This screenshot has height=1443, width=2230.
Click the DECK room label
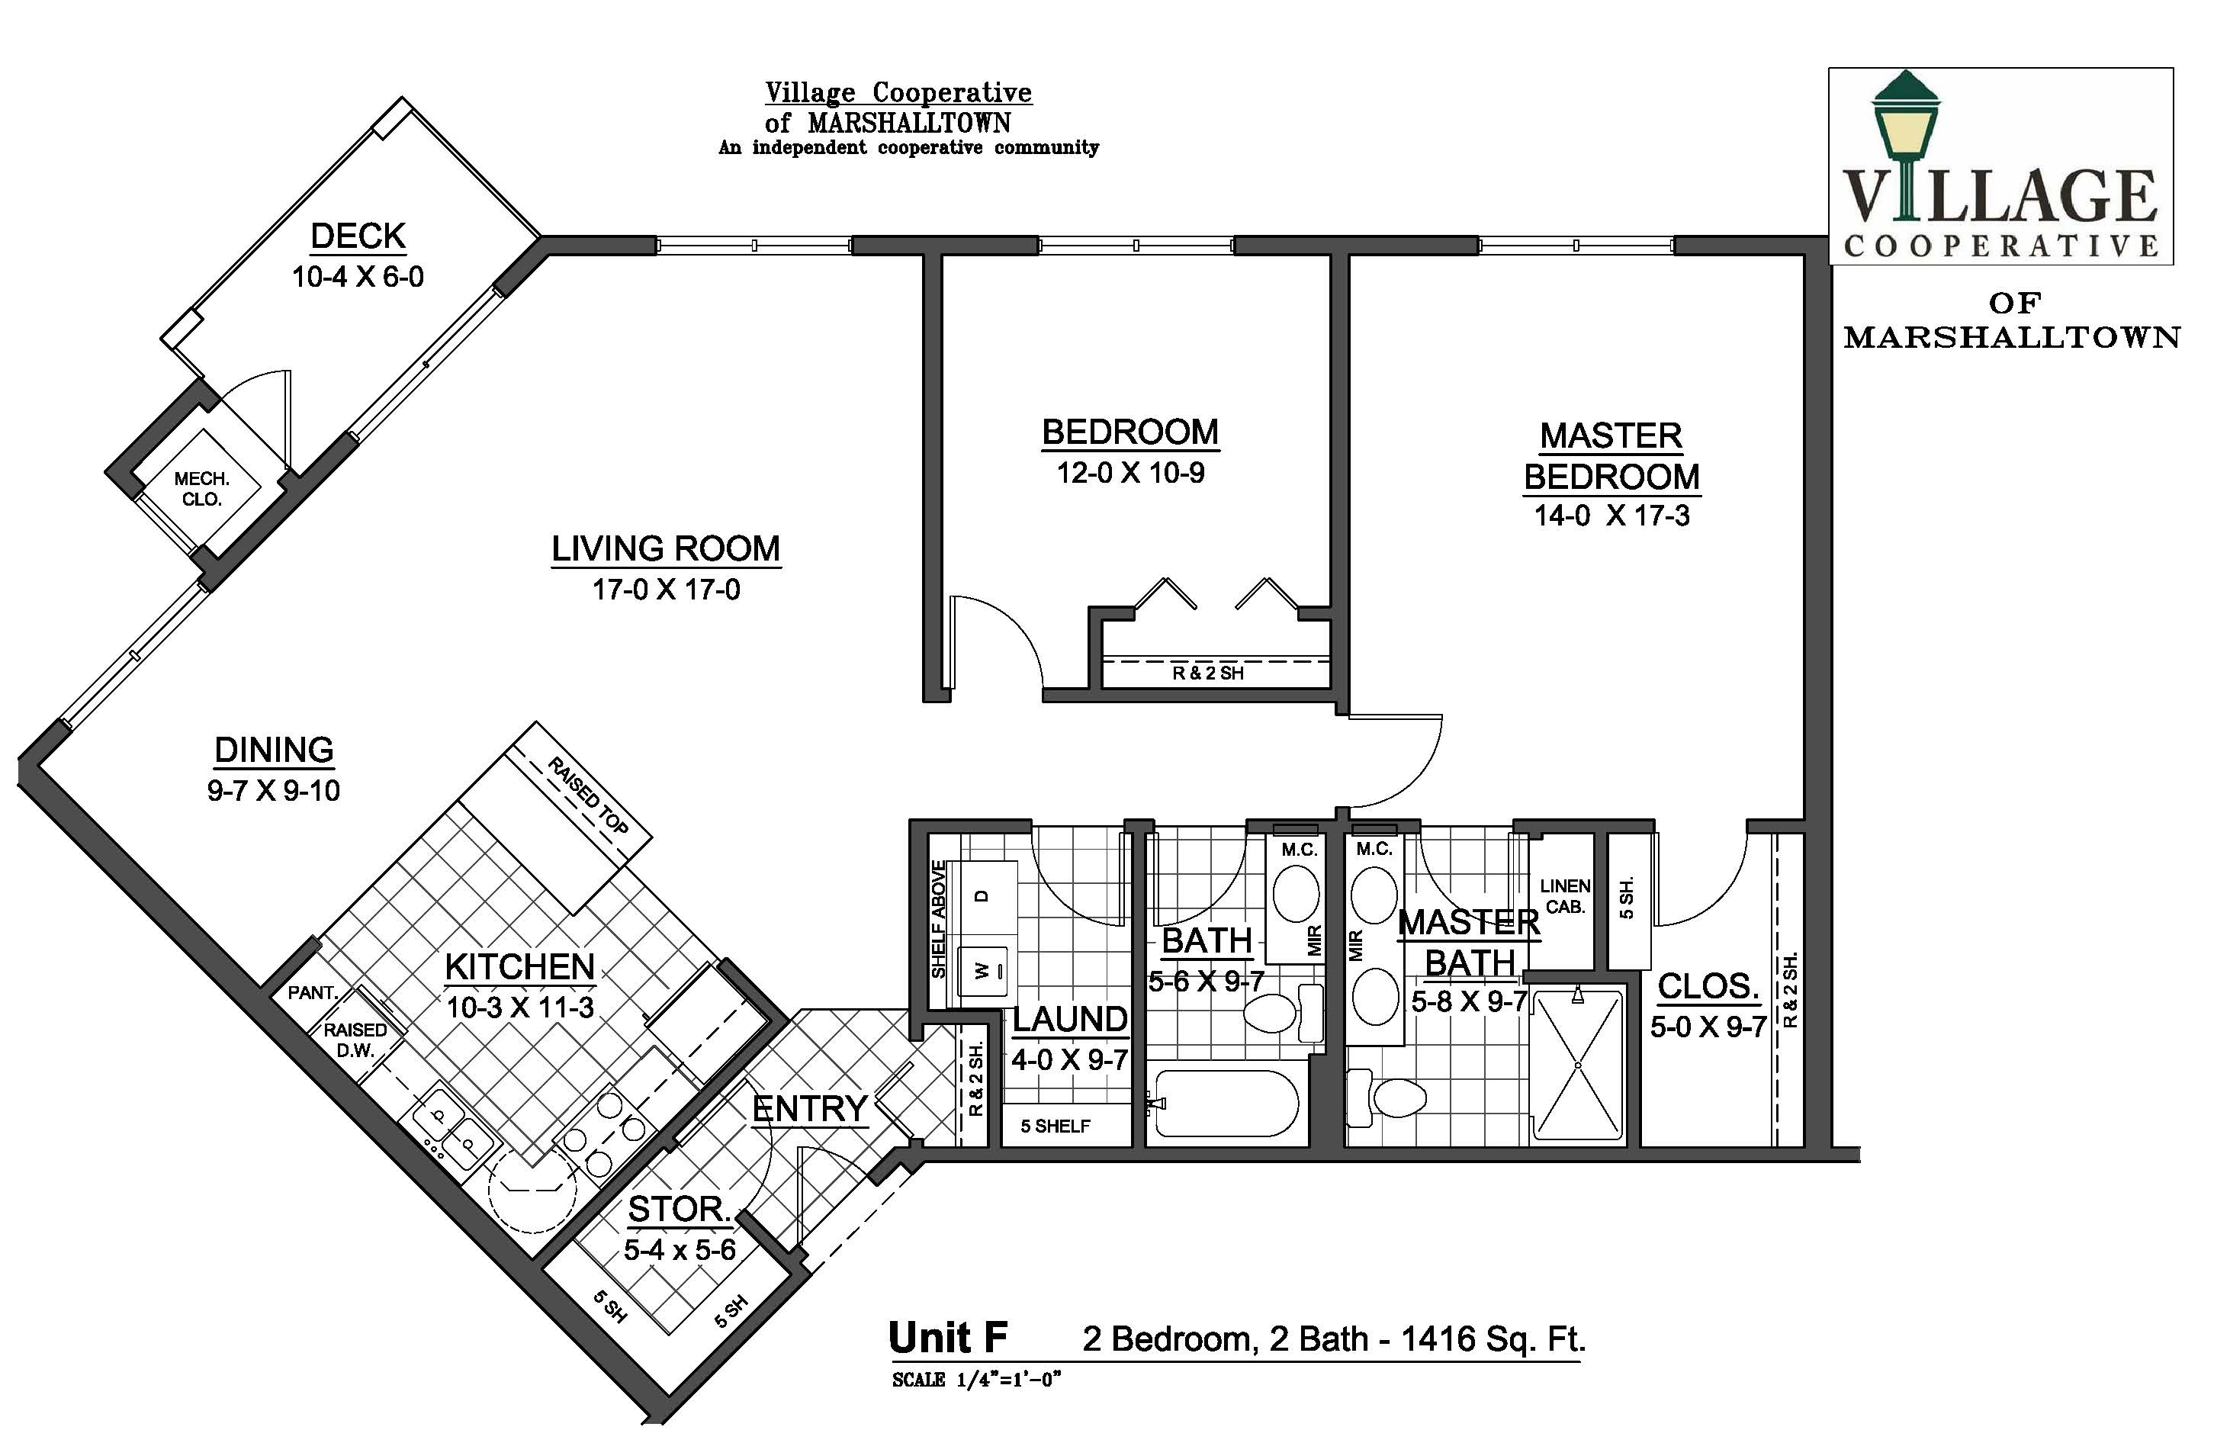(x=358, y=236)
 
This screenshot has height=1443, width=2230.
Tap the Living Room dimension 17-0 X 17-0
(x=667, y=590)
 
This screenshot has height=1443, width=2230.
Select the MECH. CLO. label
(x=201, y=489)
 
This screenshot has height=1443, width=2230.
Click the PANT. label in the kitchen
(x=312, y=992)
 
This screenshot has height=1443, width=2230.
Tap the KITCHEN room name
(x=520, y=967)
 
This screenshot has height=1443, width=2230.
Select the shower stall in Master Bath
(x=1578, y=1065)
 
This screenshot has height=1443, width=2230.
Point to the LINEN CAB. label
(x=1565, y=896)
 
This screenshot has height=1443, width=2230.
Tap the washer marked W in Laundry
(x=982, y=972)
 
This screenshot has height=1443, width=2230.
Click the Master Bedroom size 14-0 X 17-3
(x=1611, y=516)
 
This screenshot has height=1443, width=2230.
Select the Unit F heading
(x=947, y=1338)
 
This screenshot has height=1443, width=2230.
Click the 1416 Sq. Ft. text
(x=1493, y=1339)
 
